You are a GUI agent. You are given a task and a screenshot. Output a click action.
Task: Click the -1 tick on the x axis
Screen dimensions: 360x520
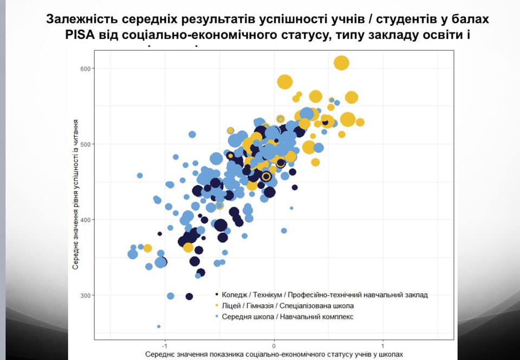[x=164, y=345]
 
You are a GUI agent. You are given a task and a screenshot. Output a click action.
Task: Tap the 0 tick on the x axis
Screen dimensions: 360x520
[x=274, y=345]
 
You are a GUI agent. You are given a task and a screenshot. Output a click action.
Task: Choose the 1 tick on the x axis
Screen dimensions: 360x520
[x=383, y=345]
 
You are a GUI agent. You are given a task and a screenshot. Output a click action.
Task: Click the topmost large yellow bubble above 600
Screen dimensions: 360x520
[x=341, y=63]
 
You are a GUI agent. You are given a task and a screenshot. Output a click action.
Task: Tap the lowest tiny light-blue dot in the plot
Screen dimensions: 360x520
[x=159, y=326]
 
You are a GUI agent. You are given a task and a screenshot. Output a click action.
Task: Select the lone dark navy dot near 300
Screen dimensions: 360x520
[x=189, y=296]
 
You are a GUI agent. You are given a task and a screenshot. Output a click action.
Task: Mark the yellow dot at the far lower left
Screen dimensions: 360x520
[x=147, y=248]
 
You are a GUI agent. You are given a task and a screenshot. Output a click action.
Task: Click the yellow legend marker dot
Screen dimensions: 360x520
[x=217, y=306]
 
